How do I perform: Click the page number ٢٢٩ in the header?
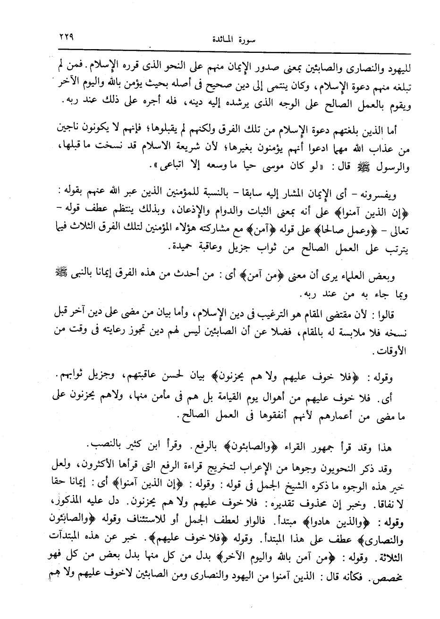[66, 36]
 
